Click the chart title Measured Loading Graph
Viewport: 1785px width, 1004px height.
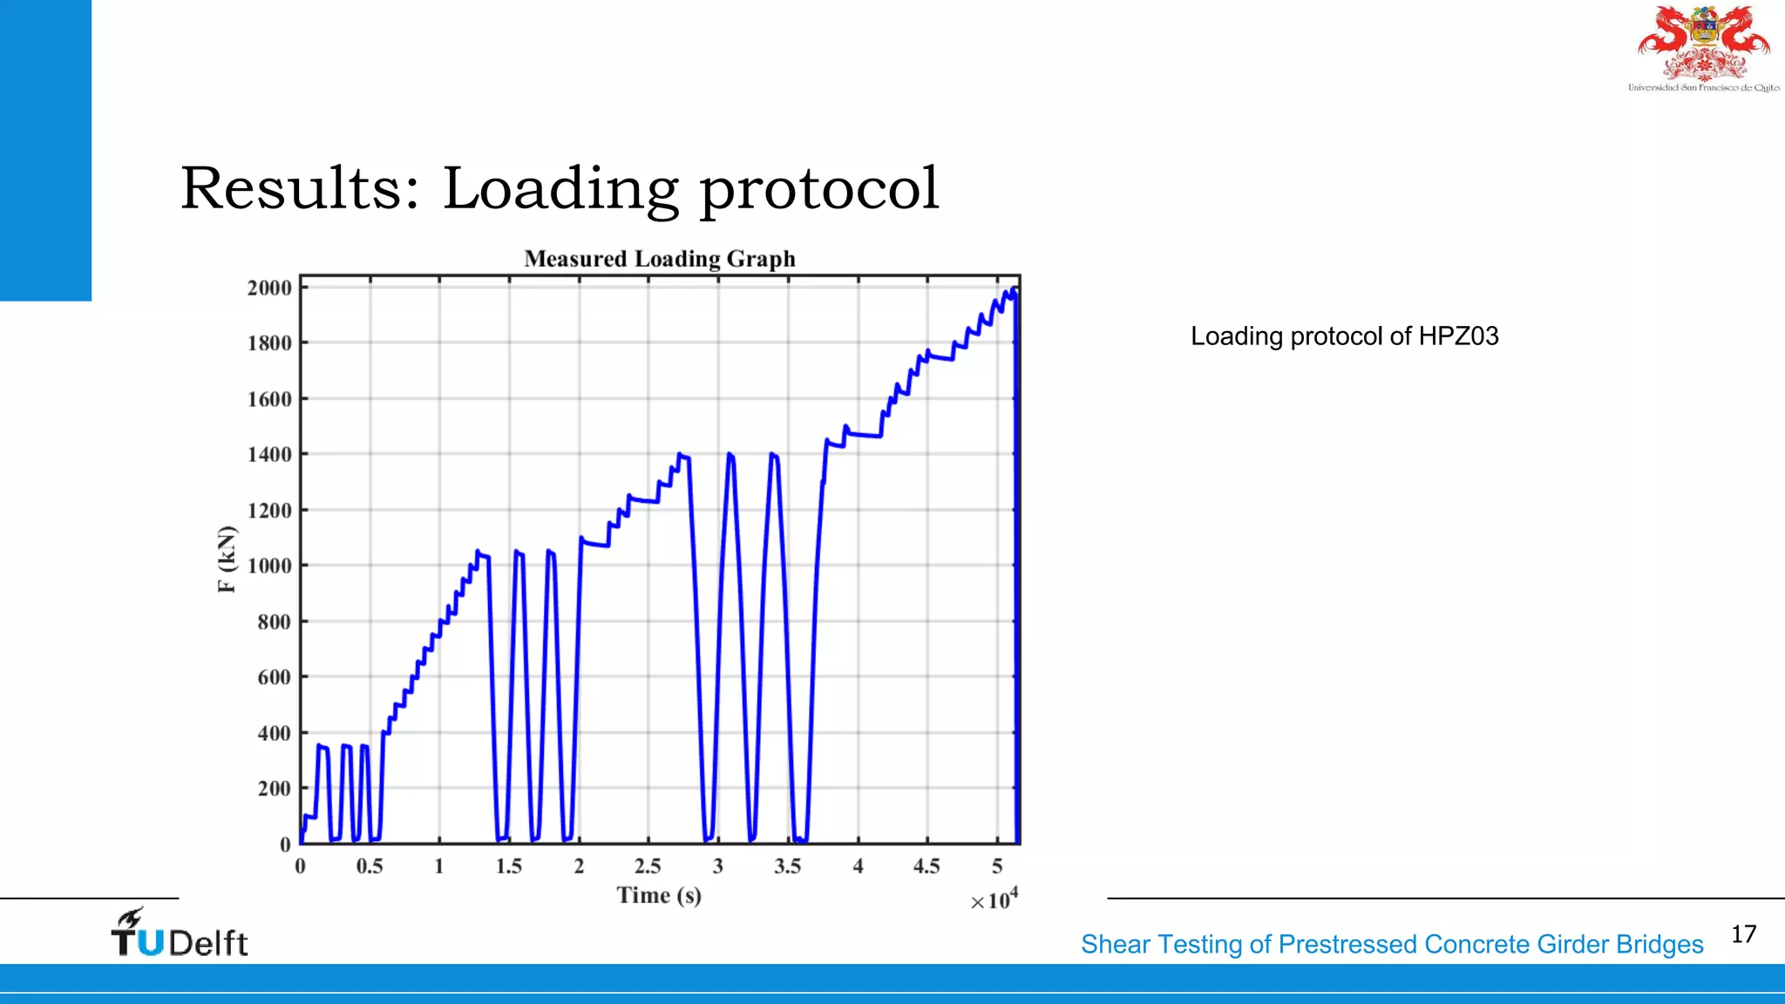click(660, 259)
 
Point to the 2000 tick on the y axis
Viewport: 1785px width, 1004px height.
click(269, 288)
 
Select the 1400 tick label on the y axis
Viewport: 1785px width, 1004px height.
click(269, 454)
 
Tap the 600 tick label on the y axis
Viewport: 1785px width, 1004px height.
click(274, 677)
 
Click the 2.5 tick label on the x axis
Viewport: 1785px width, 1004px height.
click(648, 866)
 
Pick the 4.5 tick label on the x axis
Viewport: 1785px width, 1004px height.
click(926, 866)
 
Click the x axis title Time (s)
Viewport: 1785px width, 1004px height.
click(659, 895)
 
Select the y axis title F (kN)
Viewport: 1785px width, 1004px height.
click(227, 560)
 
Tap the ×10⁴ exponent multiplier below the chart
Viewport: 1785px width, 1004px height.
click(994, 899)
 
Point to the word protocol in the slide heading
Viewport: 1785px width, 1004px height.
click(819, 190)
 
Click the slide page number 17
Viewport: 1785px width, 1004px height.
click(1743, 934)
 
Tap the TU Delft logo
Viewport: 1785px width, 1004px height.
click(180, 933)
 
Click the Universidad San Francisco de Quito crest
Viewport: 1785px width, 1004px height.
click(1704, 47)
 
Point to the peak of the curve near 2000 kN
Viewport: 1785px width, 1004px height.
click(1012, 291)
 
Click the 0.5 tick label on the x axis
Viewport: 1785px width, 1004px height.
click(370, 866)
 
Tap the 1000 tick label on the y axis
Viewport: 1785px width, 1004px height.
click(269, 566)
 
